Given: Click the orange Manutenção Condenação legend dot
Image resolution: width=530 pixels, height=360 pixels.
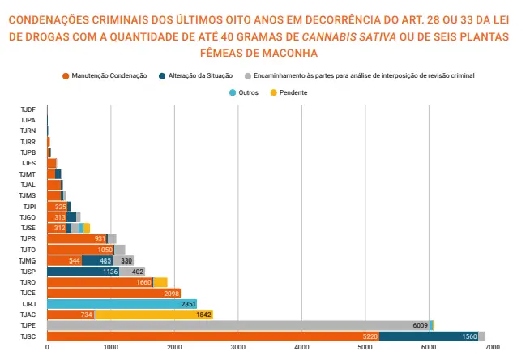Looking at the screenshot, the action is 66,76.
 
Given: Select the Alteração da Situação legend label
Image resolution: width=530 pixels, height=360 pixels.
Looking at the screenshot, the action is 200,75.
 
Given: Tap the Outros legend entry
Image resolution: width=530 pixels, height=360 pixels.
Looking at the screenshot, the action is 244,92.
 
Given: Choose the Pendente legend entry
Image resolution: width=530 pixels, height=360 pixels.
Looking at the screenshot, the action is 289,92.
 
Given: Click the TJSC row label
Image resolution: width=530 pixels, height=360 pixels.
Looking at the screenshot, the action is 28,336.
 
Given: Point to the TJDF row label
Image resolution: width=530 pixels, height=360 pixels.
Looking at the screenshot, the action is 28,109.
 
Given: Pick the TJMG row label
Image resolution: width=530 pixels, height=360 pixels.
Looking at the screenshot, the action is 27,260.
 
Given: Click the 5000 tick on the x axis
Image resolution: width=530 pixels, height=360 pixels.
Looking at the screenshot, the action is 365,347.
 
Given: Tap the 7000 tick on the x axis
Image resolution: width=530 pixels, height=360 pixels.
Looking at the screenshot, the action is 492,347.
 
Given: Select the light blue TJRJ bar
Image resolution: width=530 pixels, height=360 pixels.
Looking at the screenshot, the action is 122,304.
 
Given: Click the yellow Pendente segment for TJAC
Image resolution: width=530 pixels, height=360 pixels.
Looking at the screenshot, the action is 154,315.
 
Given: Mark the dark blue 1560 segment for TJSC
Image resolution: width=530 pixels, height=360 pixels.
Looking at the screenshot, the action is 429,336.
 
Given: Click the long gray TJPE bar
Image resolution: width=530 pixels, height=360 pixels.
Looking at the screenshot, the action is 238,325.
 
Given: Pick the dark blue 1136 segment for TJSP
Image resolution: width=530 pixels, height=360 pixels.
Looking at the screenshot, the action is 83,272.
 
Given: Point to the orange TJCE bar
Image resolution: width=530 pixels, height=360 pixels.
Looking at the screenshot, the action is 114,293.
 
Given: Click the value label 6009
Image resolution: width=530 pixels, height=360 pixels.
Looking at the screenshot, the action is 420,325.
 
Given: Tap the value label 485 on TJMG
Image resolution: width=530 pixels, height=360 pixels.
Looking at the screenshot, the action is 105,260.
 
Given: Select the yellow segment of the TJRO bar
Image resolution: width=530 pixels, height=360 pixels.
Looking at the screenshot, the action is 160,282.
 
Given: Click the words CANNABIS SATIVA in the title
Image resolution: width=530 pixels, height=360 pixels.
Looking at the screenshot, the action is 349,36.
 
